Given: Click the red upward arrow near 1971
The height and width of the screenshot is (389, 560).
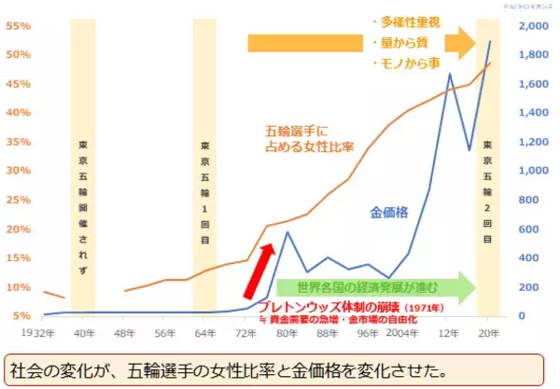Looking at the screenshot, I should [260, 271].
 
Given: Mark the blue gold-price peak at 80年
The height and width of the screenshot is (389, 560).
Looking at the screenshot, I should [287, 232].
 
